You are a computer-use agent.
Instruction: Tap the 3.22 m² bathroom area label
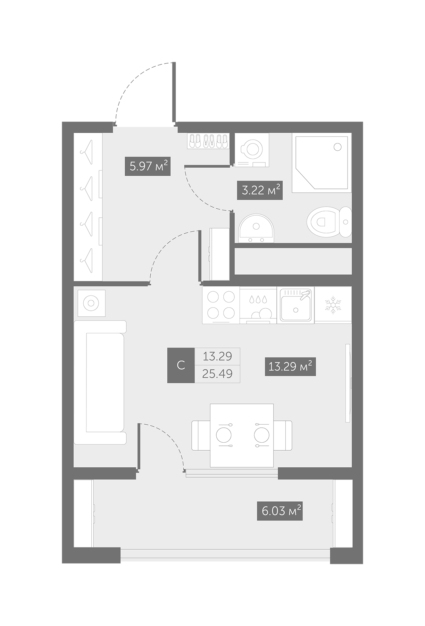click(x=260, y=190)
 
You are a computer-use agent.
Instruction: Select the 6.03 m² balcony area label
click(x=280, y=511)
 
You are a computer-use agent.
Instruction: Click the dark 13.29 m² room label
click(x=290, y=366)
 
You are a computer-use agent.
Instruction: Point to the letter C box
click(x=181, y=365)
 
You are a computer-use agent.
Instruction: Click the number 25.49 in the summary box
click(x=217, y=374)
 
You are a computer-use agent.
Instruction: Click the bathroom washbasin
click(x=256, y=228)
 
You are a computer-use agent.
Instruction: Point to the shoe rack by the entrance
click(x=208, y=142)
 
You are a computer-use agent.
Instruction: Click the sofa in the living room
click(x=100, y=382)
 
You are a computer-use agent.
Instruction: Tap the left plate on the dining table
click(x=223, y=435)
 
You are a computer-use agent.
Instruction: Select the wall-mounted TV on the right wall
click(x=348, y=383)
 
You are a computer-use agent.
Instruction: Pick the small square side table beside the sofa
click(x=91, y=303)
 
